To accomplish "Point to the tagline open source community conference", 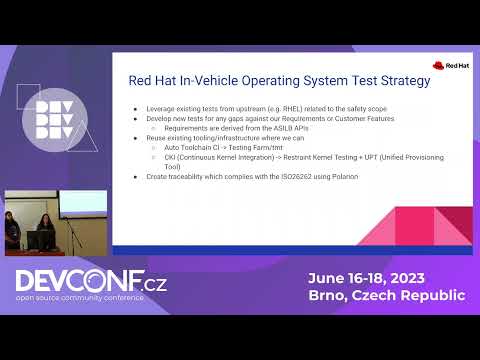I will pyautogui.click(x=80, y=299).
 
